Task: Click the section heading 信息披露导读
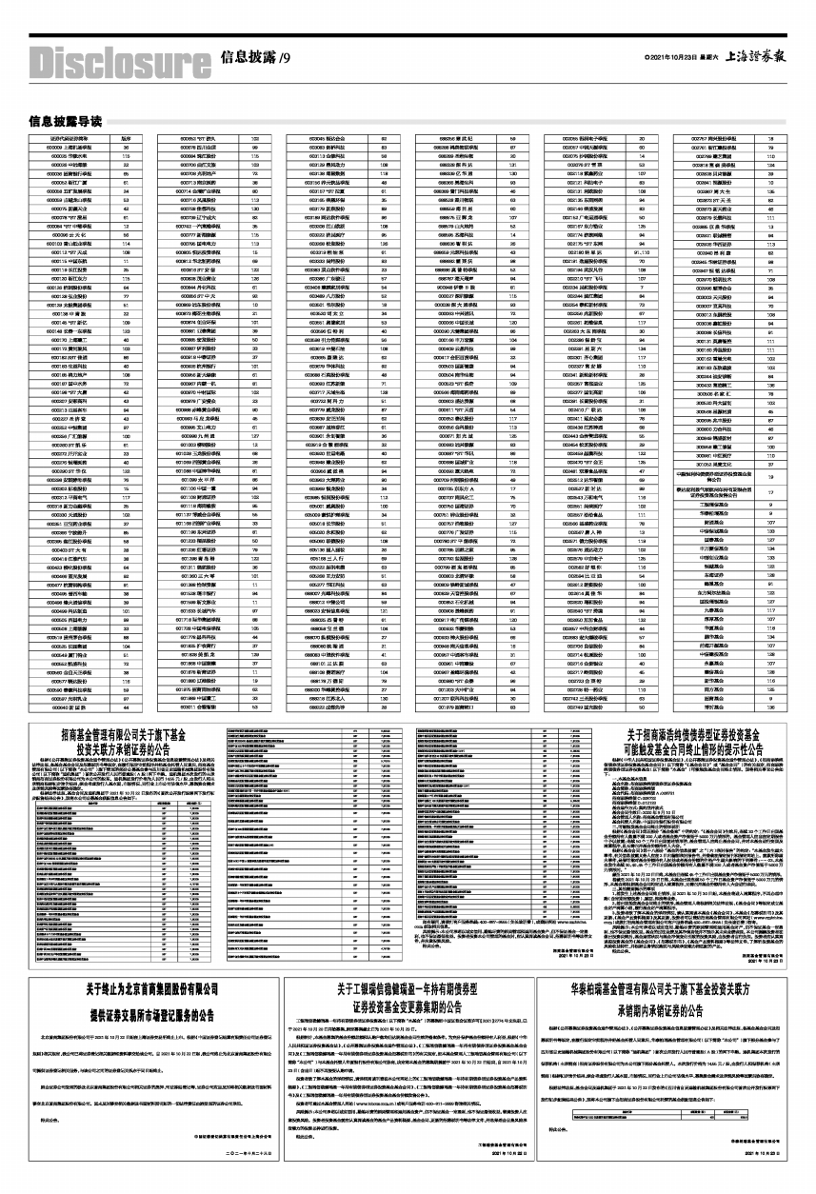coord(65,122)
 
